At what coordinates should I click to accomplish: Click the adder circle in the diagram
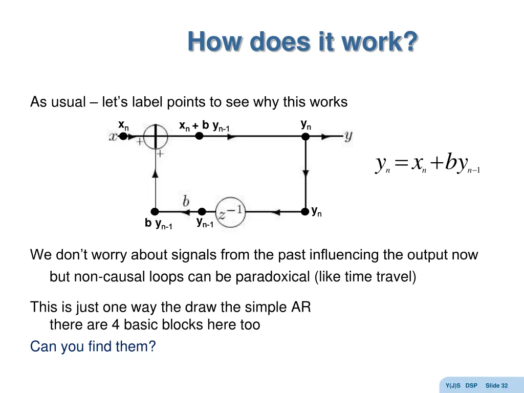pyautogui.click(x=155, y=137)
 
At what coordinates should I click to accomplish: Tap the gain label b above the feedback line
pyautogui.click(x=186, y=201)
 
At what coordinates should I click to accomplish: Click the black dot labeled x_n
pyautogui.click(x=123, y=137)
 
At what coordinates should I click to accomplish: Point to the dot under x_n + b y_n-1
pyautogui.click(x=200, y=137)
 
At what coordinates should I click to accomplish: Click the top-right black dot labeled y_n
pyautogui.click(x=305, y=137)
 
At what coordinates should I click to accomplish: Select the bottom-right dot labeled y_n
pyautogui.click(x=305, y=211)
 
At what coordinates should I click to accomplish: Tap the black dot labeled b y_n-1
pyautogui.click(x=155, y=211)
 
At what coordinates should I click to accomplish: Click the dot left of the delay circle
pyautogui.click(x=202, y=211)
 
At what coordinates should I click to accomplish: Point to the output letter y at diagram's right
pyautogui.click(x=348, y=136)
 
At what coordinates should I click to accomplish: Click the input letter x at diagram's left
pyautogui.click(x=113, y=137)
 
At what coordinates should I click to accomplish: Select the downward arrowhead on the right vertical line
pyautogui.click(x=305, y=174)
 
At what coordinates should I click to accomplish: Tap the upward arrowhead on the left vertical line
pyautogui.click(x=155, y=174)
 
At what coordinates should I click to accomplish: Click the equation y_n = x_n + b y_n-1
pyautogui.click(x=428, y=164)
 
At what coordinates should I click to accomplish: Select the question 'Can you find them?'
pyautogui.click(x=93, y=346)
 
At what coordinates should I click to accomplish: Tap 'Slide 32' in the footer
pyautogui.click(x=496, y=385)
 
